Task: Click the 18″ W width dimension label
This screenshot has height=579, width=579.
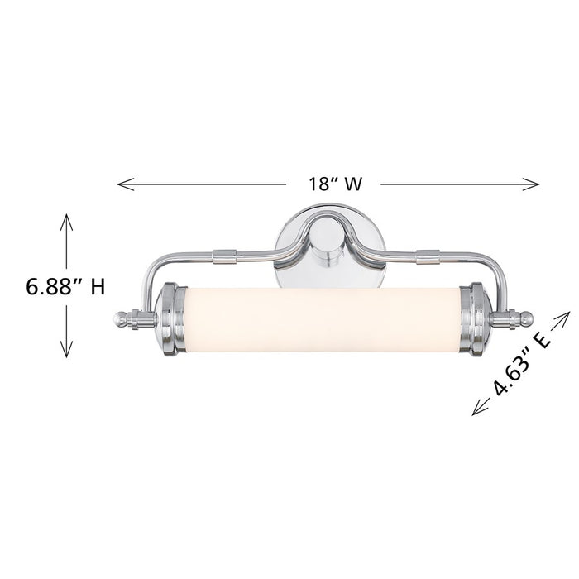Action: click(x=336, y=184)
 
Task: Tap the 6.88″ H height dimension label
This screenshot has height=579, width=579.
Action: click(x=65, y=288)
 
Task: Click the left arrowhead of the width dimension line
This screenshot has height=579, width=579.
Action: click(x=121, y=184)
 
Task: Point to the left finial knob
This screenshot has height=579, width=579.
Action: click(x=123, y=318)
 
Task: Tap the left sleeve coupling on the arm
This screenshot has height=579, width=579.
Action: click(x=224, y=256)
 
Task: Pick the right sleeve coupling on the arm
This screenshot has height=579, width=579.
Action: click(x=428, y=257)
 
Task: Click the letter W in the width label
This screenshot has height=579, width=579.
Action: click(x=352, y=184)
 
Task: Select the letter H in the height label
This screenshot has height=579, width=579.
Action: click(x=97, y=288)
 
